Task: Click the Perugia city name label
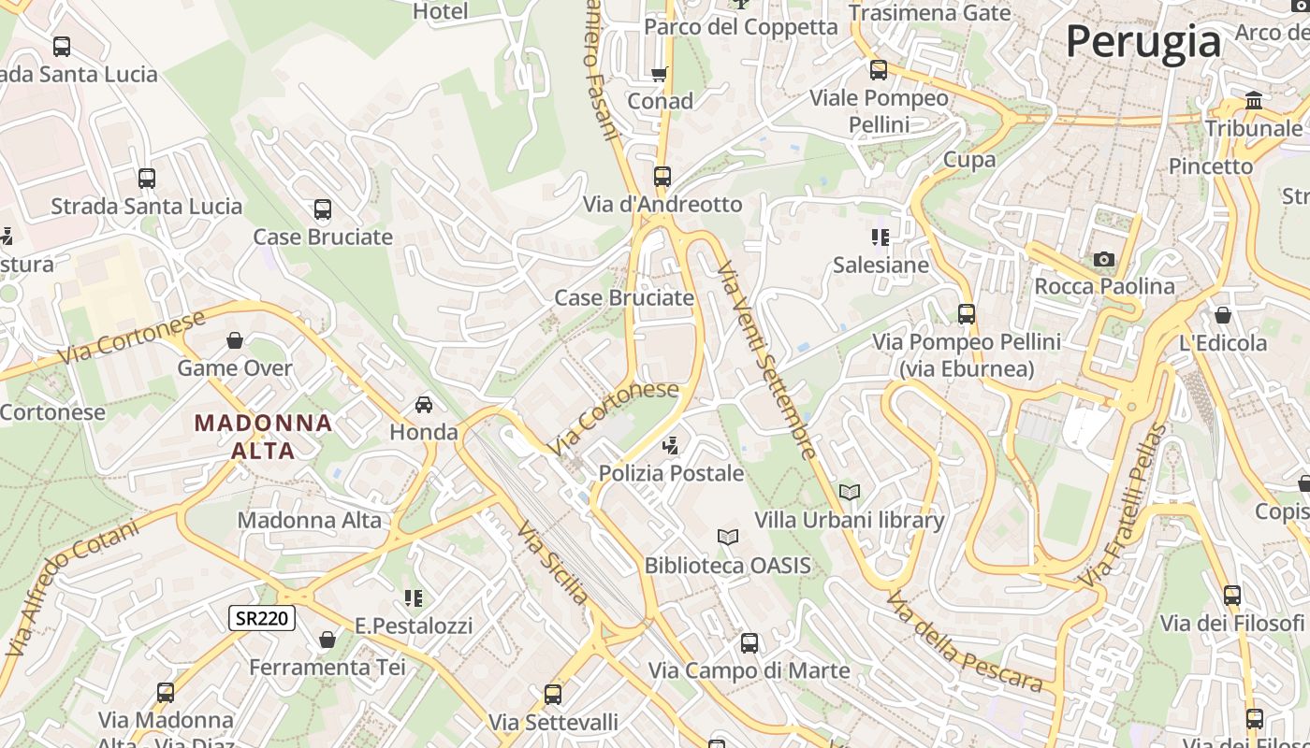[x=1143, y=42]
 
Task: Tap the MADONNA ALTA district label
[x=263, y=437]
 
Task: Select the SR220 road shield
[x=262, y=618]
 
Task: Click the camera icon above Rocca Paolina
[x=1104, y=259]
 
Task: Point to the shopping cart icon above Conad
[x=660, y=74]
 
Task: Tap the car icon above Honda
[x=424, y=405]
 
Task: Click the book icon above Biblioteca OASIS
[x=727, y=538]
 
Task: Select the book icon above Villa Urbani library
[x=849, y=492]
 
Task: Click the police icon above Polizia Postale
[x=670, y=446]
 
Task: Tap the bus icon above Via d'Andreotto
[x=662, y=176]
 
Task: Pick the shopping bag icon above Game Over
[x=235, y=340]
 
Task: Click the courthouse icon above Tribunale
[x=1254, y=100]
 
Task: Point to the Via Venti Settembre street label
[x=767, y=360]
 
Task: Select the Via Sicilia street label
[x=554, y=563]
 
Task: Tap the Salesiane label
[x=881, y=265]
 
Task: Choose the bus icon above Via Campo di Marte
[x=750, y=642]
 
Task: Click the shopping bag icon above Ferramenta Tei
[x=327, y=640]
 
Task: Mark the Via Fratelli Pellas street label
[x=1124, y=507]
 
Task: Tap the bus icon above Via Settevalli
[x=553, y=695]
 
